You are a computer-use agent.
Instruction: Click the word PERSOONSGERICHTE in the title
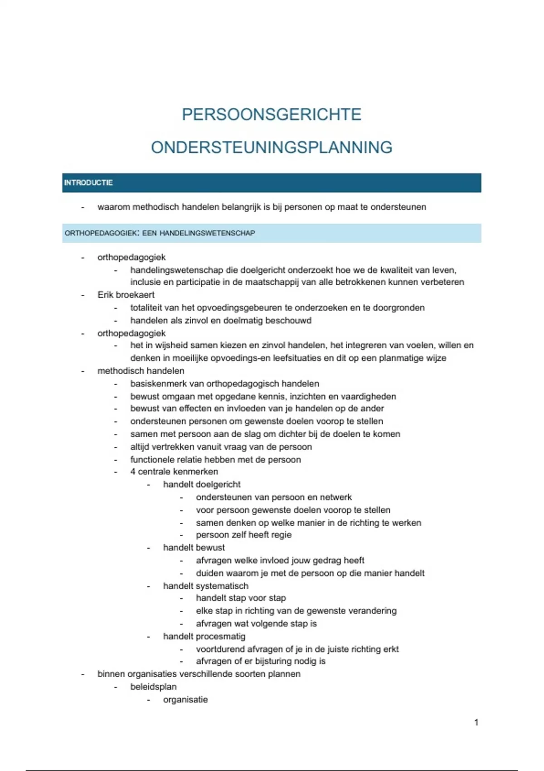[x=272, y=114]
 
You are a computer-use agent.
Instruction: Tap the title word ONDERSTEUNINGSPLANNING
[x=272, y=147]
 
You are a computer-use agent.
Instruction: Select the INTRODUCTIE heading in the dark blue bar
[x=88, y=183]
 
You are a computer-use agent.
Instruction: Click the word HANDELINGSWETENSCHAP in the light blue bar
[x=207, y=233]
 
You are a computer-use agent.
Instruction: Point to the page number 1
[x=476, y=722]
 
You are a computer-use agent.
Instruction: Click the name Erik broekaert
[x=126, y=295]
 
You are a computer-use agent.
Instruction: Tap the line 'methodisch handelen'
[x=141, y=371]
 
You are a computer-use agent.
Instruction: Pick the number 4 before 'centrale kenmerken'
[x=133, y=472]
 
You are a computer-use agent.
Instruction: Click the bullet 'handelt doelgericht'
[x=202, y=484]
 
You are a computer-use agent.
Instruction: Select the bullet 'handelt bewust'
[x=194, y=547]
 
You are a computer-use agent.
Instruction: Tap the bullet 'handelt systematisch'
[x=206, y=586]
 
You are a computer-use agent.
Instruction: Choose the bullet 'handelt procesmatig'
[x=204, y=636]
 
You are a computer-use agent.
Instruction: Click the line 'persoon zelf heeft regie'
[x=244, y=535]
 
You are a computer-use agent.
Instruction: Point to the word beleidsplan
[x=153, y=687]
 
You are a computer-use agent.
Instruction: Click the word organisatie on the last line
[x=185, y=699]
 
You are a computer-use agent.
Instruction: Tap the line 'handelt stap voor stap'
[x=241, y=598]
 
